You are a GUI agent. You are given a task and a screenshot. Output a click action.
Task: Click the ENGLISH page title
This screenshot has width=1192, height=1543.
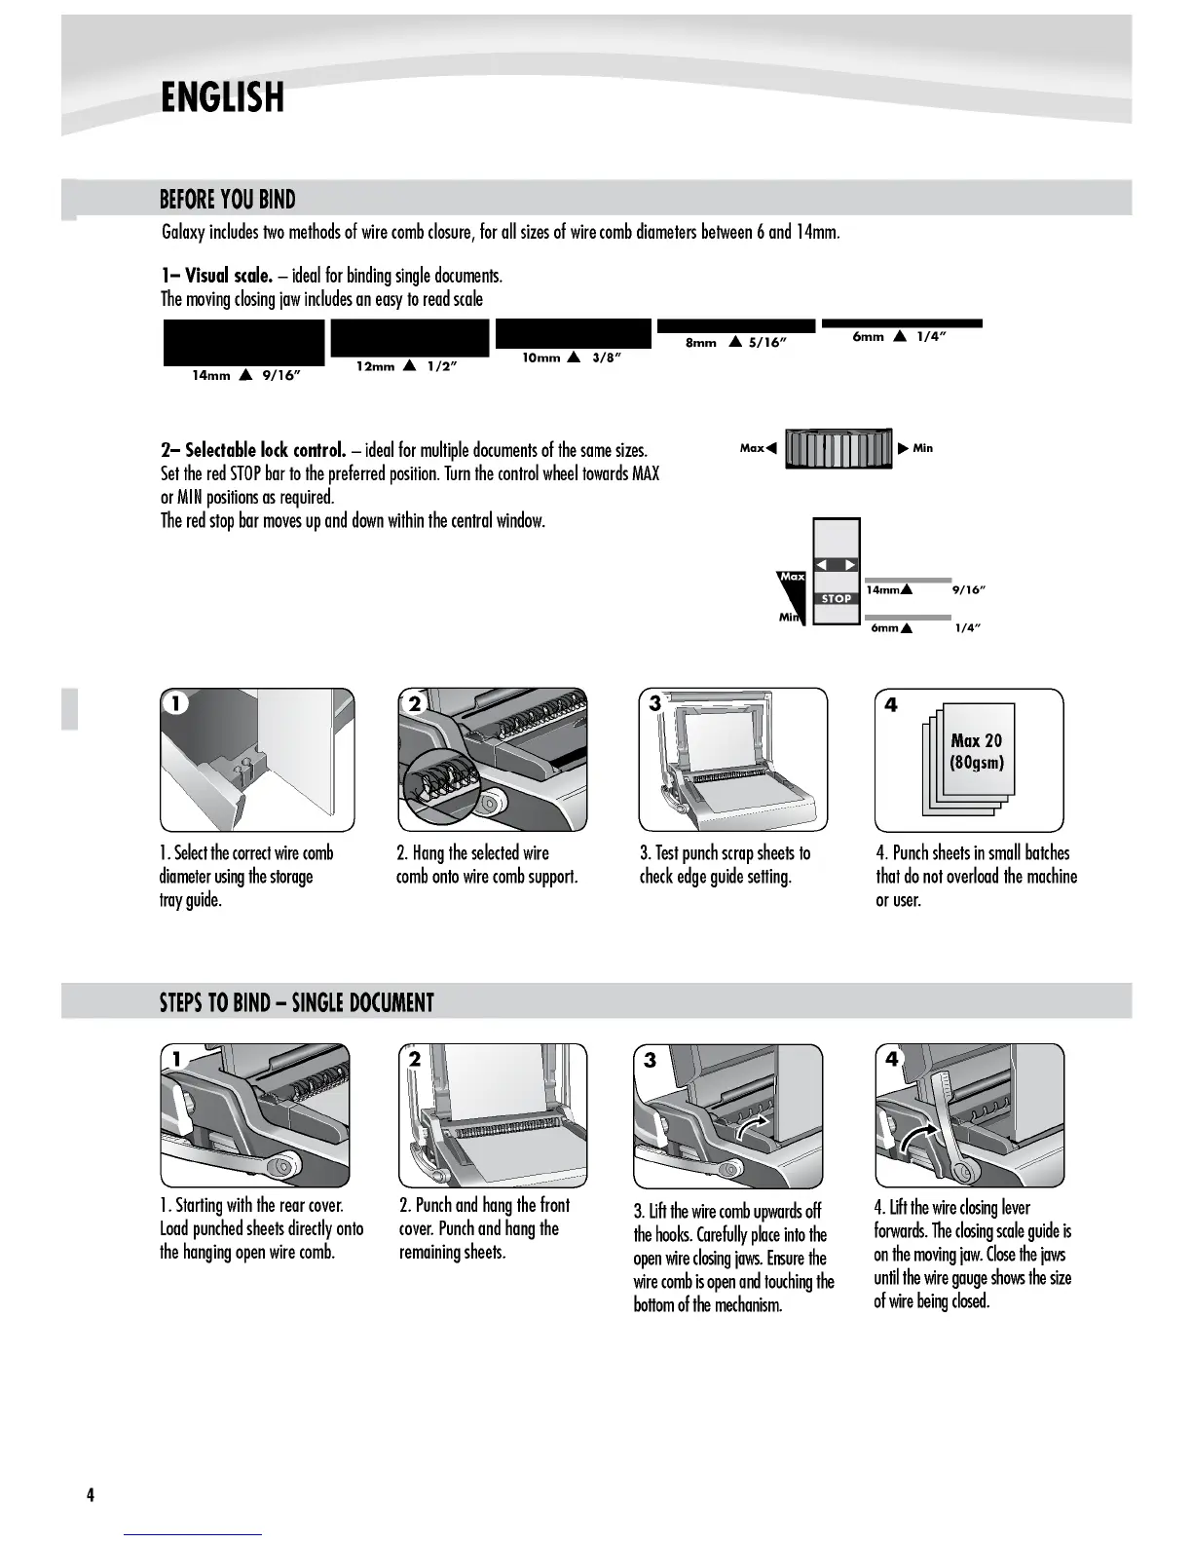[x=222, y=97]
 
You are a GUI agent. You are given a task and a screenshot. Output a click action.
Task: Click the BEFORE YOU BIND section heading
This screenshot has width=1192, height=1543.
[x=227, y=200]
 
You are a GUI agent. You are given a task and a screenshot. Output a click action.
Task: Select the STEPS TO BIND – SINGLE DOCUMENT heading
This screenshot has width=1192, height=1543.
[x=296, y=1002]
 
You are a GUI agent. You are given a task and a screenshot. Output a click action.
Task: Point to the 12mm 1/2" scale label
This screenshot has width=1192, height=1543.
[x=407, y=366]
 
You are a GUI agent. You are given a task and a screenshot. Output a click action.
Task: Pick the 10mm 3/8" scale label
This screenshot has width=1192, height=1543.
[x=572, y=358]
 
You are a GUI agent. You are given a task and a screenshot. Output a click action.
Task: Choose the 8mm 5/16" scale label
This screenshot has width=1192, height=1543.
[x=736, y=343]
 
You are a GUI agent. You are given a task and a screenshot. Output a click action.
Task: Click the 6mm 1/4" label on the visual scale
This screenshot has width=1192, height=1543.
[x=900, y=337]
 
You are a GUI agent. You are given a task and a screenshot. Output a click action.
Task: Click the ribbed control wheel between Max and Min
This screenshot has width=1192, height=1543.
[x=838, y=448]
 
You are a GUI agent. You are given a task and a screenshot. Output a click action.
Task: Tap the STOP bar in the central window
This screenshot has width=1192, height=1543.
[x=837, y=599]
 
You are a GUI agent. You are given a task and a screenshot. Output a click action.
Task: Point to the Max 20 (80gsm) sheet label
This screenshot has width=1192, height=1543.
[x=976, y=751]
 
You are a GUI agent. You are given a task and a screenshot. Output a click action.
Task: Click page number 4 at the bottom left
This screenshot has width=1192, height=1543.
[x=90, y=1495]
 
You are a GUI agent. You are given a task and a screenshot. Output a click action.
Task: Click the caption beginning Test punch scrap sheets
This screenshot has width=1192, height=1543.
[x=725, y=865]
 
